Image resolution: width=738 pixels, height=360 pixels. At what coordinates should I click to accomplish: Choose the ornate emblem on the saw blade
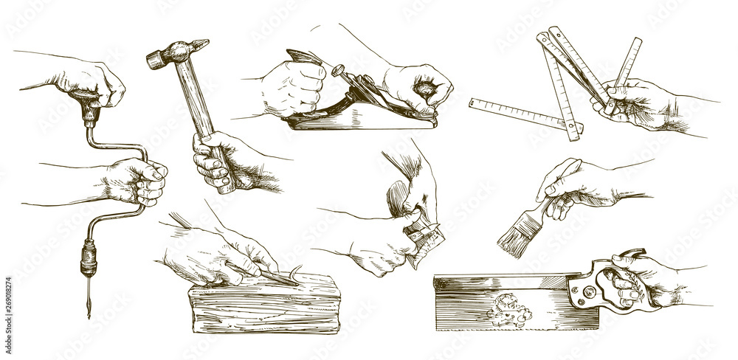[x=509, y=308]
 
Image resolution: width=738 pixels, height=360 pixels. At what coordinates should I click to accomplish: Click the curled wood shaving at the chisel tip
[x=295, y=274]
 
